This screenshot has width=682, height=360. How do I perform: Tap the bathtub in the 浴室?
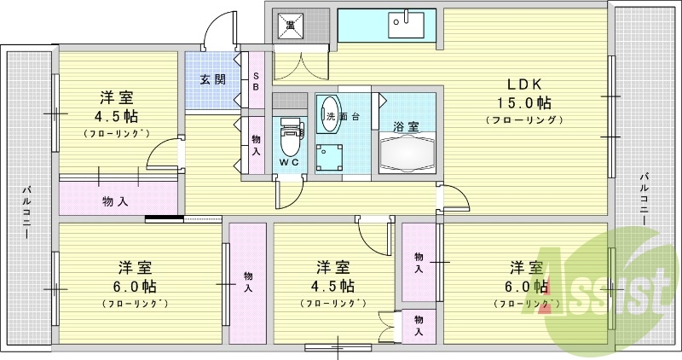407,154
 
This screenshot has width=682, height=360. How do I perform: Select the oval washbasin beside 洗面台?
331,114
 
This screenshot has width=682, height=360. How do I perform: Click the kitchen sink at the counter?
406,25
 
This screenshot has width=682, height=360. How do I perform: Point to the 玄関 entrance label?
212,79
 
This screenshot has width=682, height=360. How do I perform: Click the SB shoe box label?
257,81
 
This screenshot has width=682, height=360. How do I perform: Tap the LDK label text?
525,84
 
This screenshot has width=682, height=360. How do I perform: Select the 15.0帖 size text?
525,102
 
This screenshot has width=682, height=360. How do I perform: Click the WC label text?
289,162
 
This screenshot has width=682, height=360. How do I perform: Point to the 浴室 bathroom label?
407,127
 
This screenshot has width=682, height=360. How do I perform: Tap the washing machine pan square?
329,158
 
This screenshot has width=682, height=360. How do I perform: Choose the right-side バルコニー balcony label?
644,200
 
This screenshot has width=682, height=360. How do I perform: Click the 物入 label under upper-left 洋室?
115,201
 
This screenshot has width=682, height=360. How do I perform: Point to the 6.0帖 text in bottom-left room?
136,287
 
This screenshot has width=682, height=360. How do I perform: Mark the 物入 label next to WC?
257,145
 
